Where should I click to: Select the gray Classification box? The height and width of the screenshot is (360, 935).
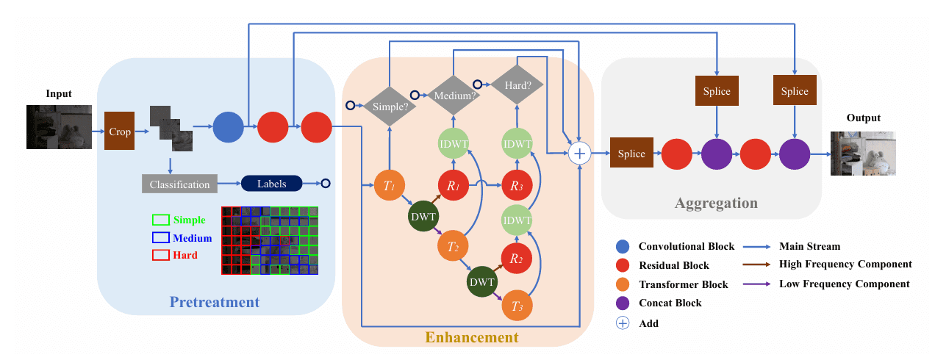click(x=179, y=184)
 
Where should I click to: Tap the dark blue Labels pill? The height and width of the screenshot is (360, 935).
click(x=271, y=184)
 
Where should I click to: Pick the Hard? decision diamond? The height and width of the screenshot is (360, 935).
click(x=517, y=84)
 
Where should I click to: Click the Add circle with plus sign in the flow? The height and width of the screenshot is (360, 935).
click(x=580, y=153)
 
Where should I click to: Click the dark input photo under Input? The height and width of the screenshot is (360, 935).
click(x=59, y=127)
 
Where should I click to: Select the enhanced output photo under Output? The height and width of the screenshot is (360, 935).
click(x=862, y=153)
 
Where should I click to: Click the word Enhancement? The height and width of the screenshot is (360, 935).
click(x=471, y=337)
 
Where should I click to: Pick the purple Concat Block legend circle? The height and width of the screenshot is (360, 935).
click(x=623, y=303)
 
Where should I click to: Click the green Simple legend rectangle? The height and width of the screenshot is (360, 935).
click(x=160, y=220)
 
